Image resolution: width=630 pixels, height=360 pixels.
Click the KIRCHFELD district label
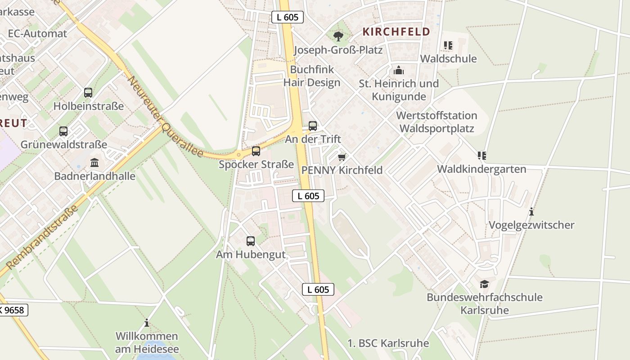point(396,32)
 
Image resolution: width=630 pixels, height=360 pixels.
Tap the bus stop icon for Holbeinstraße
point(88,93)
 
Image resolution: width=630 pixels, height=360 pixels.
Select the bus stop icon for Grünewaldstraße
point(63,131)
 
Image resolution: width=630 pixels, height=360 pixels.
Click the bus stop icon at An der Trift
point(313,126)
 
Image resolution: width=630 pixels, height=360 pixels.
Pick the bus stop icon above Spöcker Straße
point(256,151)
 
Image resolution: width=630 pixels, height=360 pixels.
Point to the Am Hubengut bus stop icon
point(251,241)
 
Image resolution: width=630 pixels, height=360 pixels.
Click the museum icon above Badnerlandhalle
point(94,162)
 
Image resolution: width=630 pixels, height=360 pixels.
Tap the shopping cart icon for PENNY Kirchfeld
point(342,157)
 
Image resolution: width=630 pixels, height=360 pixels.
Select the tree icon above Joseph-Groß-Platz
point(338,36)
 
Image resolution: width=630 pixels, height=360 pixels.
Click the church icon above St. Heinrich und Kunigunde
point(398,70)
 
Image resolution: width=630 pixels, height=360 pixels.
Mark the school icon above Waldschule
point(448,45)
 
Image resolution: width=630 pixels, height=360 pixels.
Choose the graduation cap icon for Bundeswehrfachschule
point(484,284)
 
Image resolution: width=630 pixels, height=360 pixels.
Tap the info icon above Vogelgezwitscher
point(531,211)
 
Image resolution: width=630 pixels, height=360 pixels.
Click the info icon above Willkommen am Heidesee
point(147,323)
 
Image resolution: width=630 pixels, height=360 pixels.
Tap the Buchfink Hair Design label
point(312,76)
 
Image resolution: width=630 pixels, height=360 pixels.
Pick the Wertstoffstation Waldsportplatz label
point(436,122)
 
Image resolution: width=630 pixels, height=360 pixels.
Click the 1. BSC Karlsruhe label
point(388,343)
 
